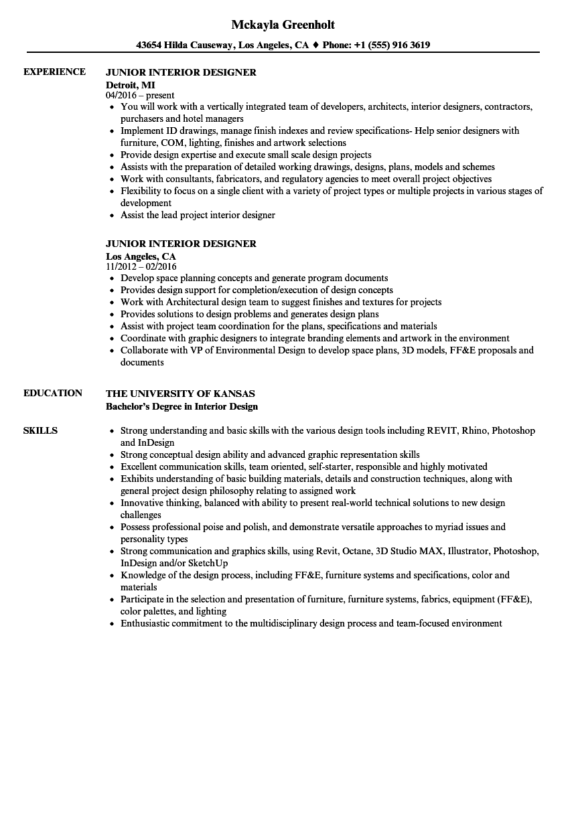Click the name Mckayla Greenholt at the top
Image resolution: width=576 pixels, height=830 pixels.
[x=283, y=25]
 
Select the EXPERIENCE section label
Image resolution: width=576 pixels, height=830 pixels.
[x=54, y=72]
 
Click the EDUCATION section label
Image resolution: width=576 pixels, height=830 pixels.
[x=53, y=393]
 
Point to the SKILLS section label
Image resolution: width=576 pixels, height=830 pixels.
[x=40, y=430]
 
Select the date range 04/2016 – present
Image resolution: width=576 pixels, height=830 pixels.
[x=140, y=96]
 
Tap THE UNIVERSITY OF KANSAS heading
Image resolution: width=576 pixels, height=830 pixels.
[x=180, y=394]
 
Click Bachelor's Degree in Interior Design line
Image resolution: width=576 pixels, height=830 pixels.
[x=182, y=406]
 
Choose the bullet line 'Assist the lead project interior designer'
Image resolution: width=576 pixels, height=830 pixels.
[x=198, y=215]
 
